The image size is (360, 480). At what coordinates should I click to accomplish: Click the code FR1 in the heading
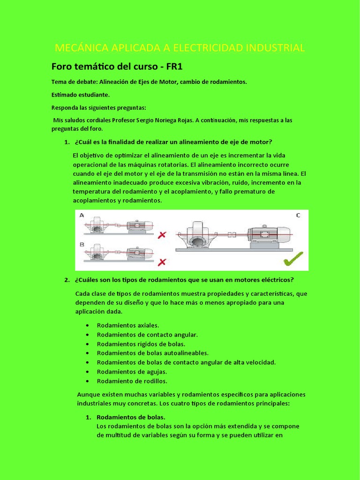pyautogui.click(x=172, y=66)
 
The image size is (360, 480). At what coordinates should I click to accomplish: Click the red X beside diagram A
pyautogui.click(x=162, y=234)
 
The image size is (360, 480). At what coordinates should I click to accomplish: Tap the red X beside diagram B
pyautogui.click(x=162, y=262)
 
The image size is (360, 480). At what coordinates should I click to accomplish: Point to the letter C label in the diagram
pyautogui.click(x=299, y=215)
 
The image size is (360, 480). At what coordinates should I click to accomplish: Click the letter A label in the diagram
pyautogui.click(x=82, y=215)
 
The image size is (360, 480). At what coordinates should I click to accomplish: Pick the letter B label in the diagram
pyautogui.click(x=82, y=244)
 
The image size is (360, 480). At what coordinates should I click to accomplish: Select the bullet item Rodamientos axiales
pyautogui.click(x=127, y=325)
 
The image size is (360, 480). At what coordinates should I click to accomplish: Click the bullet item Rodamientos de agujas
pyautogui.click(x=132, y=372)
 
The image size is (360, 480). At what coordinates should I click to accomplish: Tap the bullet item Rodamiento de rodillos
pyautogui.click(x=132, y=381)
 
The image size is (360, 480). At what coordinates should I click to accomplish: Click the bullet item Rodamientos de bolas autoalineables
pyautogui.click(x=152, y=353)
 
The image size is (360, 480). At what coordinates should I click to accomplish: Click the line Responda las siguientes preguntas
pyautogui.click(x=98, y=107)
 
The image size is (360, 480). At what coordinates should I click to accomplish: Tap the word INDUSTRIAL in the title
pyautogui.click(x=276, y=48)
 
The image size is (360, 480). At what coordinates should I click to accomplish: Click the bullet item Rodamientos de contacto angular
pyautogui.click(x=147, y=335)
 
